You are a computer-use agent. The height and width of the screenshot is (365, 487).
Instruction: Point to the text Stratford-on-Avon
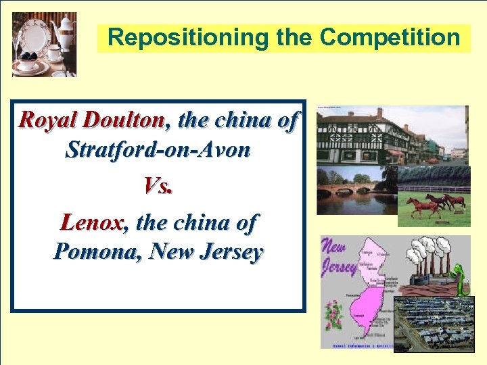pyautogui.click(x=158, y=149)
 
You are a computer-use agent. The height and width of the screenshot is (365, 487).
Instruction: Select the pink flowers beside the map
pyautogui.click(x=333, y=315)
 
